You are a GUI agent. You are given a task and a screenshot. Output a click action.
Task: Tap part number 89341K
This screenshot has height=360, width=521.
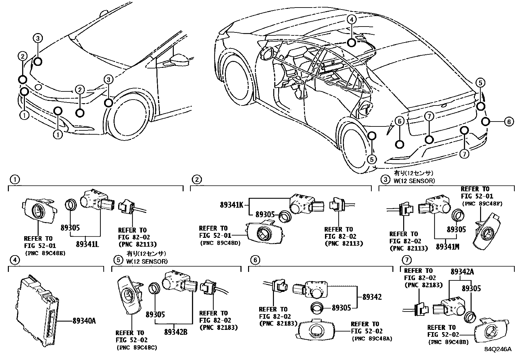[231, 205]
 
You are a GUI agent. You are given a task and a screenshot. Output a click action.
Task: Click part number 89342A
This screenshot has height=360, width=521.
[462, 272]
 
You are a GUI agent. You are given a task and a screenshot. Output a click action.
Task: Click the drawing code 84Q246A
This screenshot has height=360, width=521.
[498, 349]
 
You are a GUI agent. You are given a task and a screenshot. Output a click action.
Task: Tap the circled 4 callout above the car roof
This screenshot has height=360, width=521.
[351, 19]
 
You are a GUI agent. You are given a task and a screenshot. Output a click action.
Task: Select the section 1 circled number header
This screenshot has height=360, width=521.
[14, 180]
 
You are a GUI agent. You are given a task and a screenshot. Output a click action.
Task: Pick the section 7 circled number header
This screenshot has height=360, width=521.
[406, 260]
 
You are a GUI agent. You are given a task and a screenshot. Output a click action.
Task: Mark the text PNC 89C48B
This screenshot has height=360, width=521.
[448, 342]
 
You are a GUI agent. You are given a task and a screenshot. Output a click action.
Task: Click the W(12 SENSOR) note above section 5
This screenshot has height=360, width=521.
[146, 261]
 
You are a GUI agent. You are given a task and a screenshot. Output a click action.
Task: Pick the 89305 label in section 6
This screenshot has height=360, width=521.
[341, 308]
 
